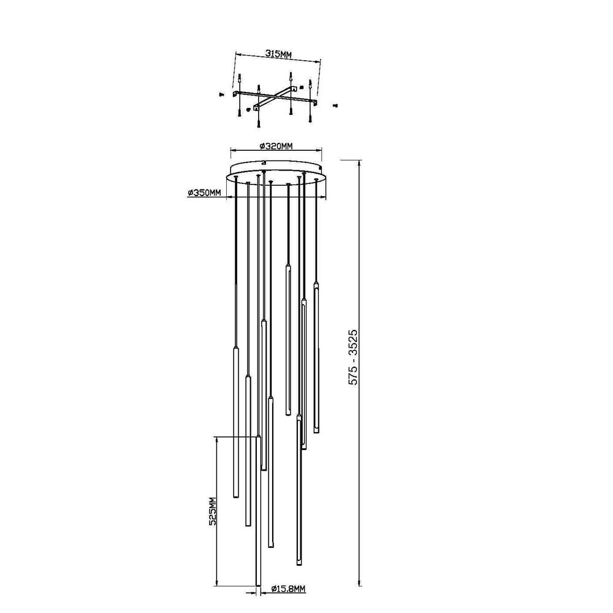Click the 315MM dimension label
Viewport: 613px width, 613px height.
click(279, 53)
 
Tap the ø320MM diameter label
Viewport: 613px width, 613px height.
click(276, 147)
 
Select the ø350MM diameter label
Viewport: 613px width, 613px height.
click(204, 192)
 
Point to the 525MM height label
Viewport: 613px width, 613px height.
click(213, 511)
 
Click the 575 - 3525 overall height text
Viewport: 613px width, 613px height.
click(353, 357)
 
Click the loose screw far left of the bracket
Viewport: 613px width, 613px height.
click(221, 94)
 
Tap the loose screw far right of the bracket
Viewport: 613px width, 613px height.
click(335, 105)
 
